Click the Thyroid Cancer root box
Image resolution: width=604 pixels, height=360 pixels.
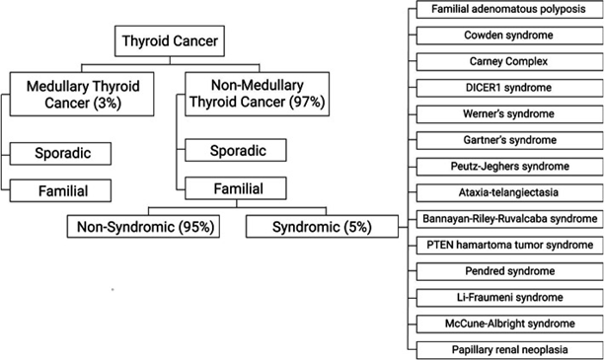169,41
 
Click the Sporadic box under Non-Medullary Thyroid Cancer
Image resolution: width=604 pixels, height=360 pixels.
235,151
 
